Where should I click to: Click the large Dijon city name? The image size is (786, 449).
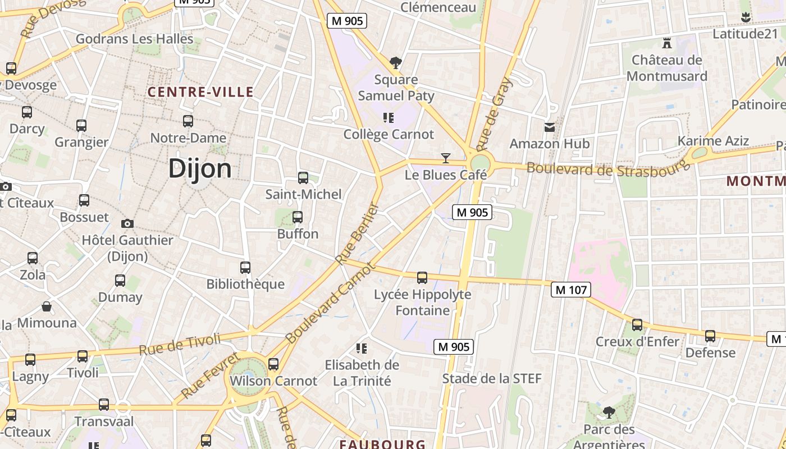(x=200, y=168)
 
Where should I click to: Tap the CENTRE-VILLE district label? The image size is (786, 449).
(x=200, y=92)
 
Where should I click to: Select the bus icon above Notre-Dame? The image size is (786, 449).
(x=188, y=121)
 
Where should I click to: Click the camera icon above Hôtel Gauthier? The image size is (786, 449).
(x=127, y=223)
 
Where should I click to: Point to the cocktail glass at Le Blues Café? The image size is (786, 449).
(x=446, y=158)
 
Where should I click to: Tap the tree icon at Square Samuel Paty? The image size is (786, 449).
(x=396, y=62)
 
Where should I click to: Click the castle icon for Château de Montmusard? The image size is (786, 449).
(x=667, y=43)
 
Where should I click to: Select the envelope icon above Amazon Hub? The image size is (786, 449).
(x=550, y=127)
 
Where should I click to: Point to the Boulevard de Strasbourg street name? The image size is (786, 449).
(x=608, y=168)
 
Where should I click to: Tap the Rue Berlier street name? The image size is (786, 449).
(x=358, y=233)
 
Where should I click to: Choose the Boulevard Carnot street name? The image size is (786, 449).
(x=330, y=303)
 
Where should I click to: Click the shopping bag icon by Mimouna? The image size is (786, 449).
(x=47, y=306)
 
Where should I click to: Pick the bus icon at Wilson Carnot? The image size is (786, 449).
(x=273, y=364)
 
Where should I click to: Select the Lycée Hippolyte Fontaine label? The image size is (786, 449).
(x=423, y=303)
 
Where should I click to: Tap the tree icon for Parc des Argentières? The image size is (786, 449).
(x=609, y=413)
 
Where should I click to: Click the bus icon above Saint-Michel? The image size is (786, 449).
(x=303, y=178)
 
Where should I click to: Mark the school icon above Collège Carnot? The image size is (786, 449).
(x=388, y=118)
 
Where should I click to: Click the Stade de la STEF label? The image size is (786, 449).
(x=492, y=378)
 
